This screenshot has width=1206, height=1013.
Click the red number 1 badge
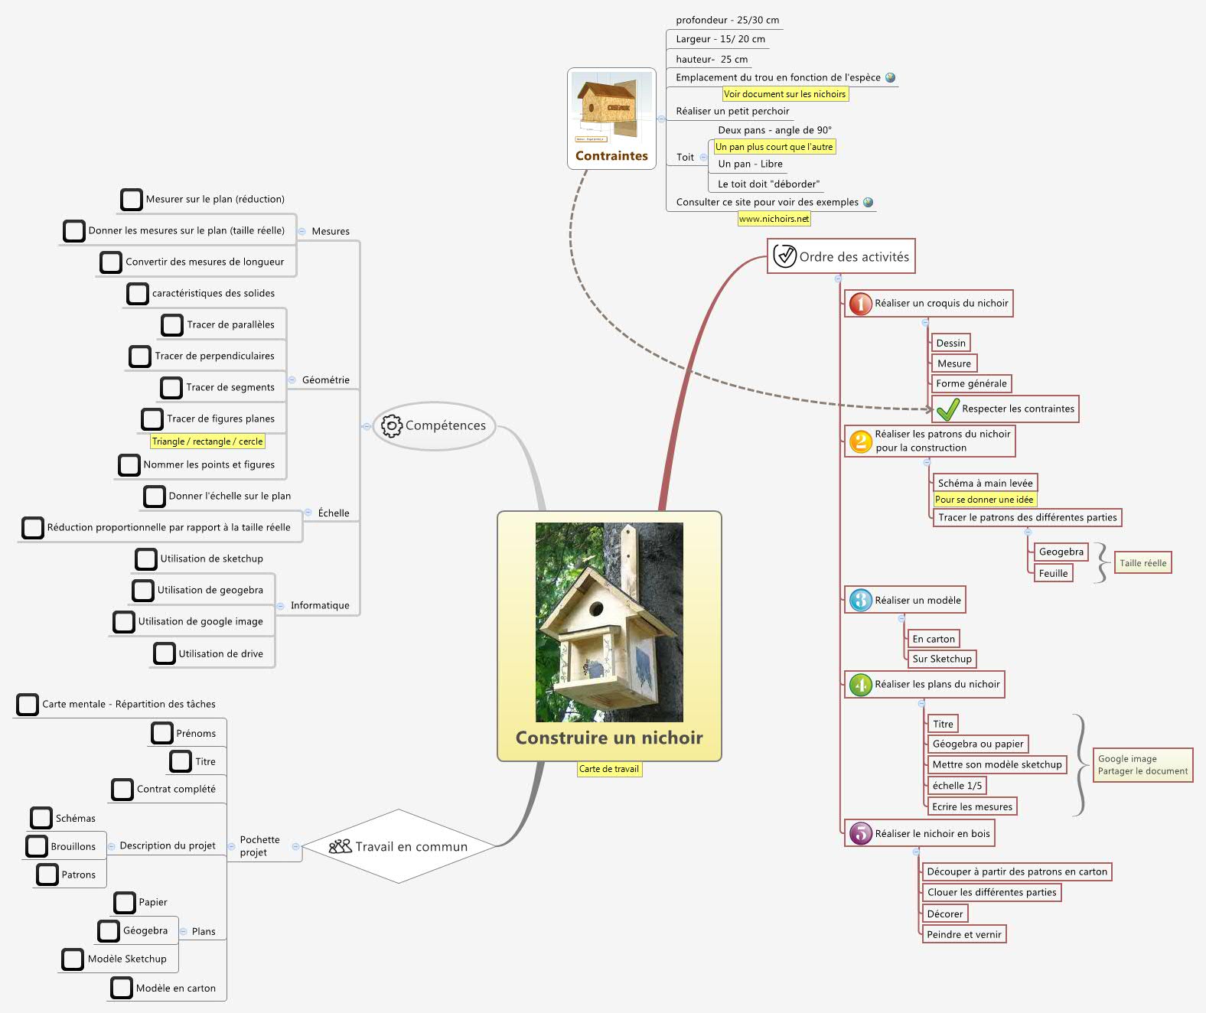860,304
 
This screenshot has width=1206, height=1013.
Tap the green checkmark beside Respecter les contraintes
947,409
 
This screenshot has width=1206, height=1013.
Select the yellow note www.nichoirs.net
774,219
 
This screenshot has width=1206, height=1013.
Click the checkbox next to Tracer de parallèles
172,325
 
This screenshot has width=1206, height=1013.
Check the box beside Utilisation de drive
165,653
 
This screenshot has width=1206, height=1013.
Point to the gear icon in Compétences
391,426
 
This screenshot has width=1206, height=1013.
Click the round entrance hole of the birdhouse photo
595,610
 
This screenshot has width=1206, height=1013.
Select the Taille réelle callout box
1142,563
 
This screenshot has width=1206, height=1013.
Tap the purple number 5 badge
860,834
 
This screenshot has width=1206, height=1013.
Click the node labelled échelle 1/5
957,786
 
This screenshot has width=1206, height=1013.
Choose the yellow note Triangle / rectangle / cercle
207,441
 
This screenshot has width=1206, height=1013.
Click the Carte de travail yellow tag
609,769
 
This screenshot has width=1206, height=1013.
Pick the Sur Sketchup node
941,659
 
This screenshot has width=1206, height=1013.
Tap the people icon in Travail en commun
340,846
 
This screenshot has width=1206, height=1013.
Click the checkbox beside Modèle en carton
122,988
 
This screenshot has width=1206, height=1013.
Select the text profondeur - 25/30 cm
727,21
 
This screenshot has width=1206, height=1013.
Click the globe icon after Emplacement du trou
890,77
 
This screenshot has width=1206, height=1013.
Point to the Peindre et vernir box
963,934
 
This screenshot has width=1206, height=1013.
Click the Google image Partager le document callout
1142,765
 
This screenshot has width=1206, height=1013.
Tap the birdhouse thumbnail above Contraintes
611,108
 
